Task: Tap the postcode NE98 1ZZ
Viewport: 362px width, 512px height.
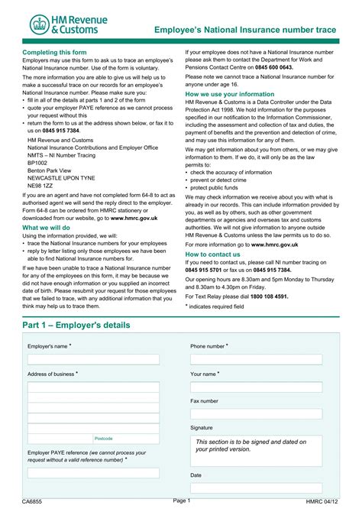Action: click(x=40, y=186)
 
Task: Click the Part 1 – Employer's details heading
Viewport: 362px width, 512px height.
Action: click(x=76, y=325)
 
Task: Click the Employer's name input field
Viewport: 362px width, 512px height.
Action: click(x=93, y=359)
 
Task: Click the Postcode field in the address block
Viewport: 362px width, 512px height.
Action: click(x=125, y=439)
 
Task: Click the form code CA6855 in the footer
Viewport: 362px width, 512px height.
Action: click(x=32, y=502)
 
